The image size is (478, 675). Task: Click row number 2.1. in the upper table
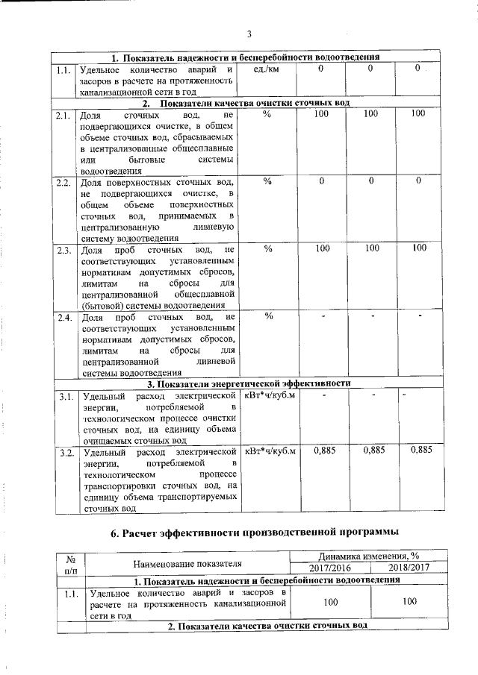pyautogui.click(x=63, y=114)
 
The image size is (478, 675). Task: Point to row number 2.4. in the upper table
pyautogui.click(x=63, y=317)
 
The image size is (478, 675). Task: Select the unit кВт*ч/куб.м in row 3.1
pyautogui.click(x=270, y=395)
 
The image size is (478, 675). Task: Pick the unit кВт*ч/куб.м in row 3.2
pyautogui.click(x=270, y=451)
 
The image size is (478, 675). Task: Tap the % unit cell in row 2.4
pyautogui.click(x=268, y=316)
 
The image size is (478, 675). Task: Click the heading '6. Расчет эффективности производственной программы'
pyautogui.click(x=249, y=531)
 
